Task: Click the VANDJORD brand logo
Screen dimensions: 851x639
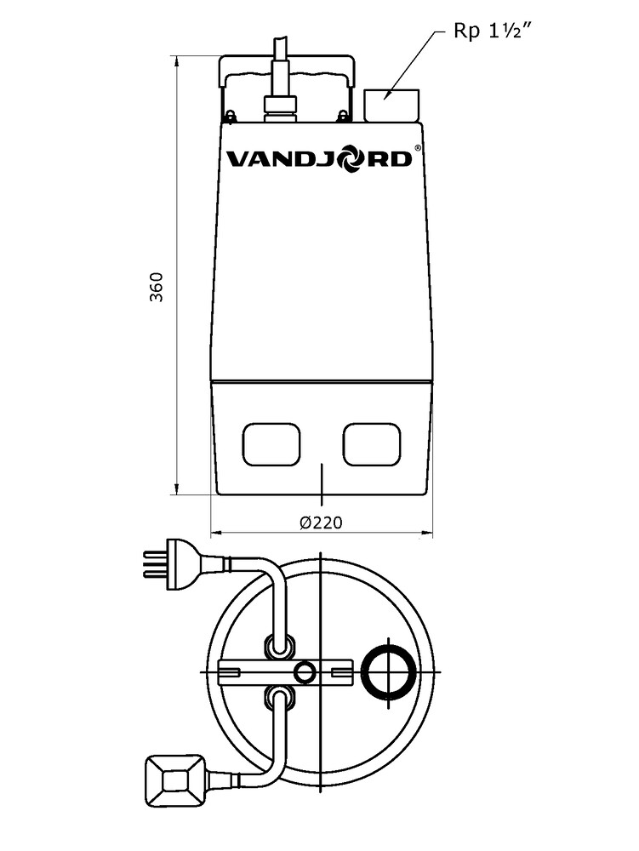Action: [318, 159]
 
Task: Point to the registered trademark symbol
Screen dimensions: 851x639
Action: [417, 148]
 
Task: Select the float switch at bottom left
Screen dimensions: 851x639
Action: [177, 782]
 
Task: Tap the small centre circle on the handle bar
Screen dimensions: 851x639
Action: [304, 672]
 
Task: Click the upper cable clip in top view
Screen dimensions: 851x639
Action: [278, 645]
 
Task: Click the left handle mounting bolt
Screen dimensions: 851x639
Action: [229, 115]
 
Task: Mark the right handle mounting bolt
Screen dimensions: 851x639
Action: [343, 115]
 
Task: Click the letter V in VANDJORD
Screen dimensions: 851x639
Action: [237, 159]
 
